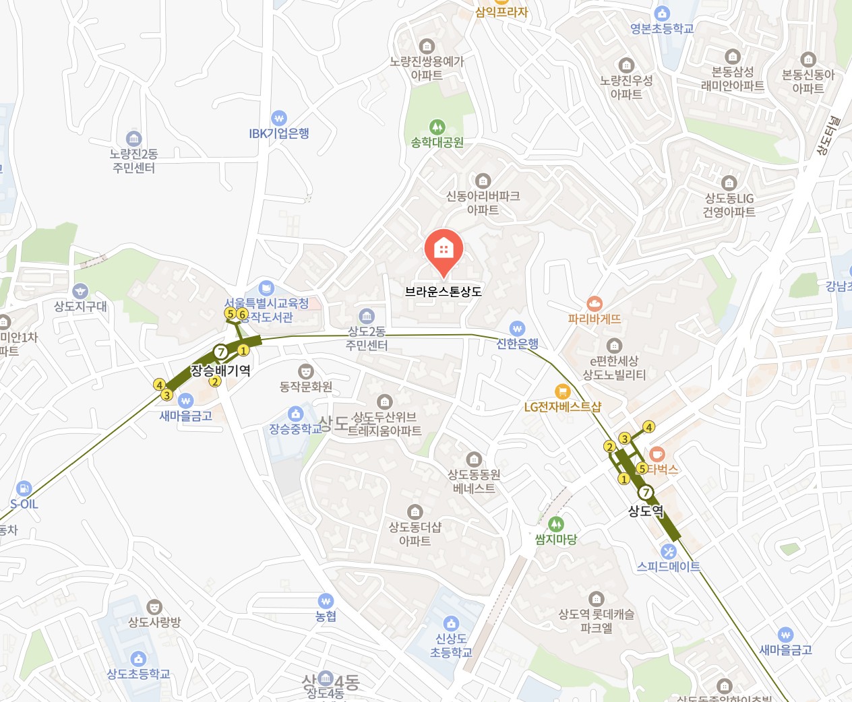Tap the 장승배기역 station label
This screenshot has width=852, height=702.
point(220,371)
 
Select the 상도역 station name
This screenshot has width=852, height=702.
point(645,511)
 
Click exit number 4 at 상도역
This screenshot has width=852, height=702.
point(648,427)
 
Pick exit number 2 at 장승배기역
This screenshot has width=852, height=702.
point(214,382)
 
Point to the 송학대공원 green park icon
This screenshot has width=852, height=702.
point(437,127)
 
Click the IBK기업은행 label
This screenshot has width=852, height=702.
point(279,133)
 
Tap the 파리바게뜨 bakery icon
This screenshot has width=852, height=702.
point(594,304)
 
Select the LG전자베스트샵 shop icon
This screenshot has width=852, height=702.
point(562,391)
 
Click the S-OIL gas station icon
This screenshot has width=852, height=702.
point(24,488)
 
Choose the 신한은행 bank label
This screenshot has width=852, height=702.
point(518,344)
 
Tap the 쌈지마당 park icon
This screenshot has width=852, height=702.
point(555,523)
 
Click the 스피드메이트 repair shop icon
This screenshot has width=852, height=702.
point(668,552)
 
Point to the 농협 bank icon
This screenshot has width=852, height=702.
point(326,601)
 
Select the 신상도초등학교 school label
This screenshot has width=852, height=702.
point(451,645)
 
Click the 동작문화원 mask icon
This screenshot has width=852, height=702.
point(305,371)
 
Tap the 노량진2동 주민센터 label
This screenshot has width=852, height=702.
point(133,161)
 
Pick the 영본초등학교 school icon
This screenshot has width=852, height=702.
point(662,13)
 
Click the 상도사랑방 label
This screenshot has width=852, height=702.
point(154,623)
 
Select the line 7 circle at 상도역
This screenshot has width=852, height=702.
point(645,492)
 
